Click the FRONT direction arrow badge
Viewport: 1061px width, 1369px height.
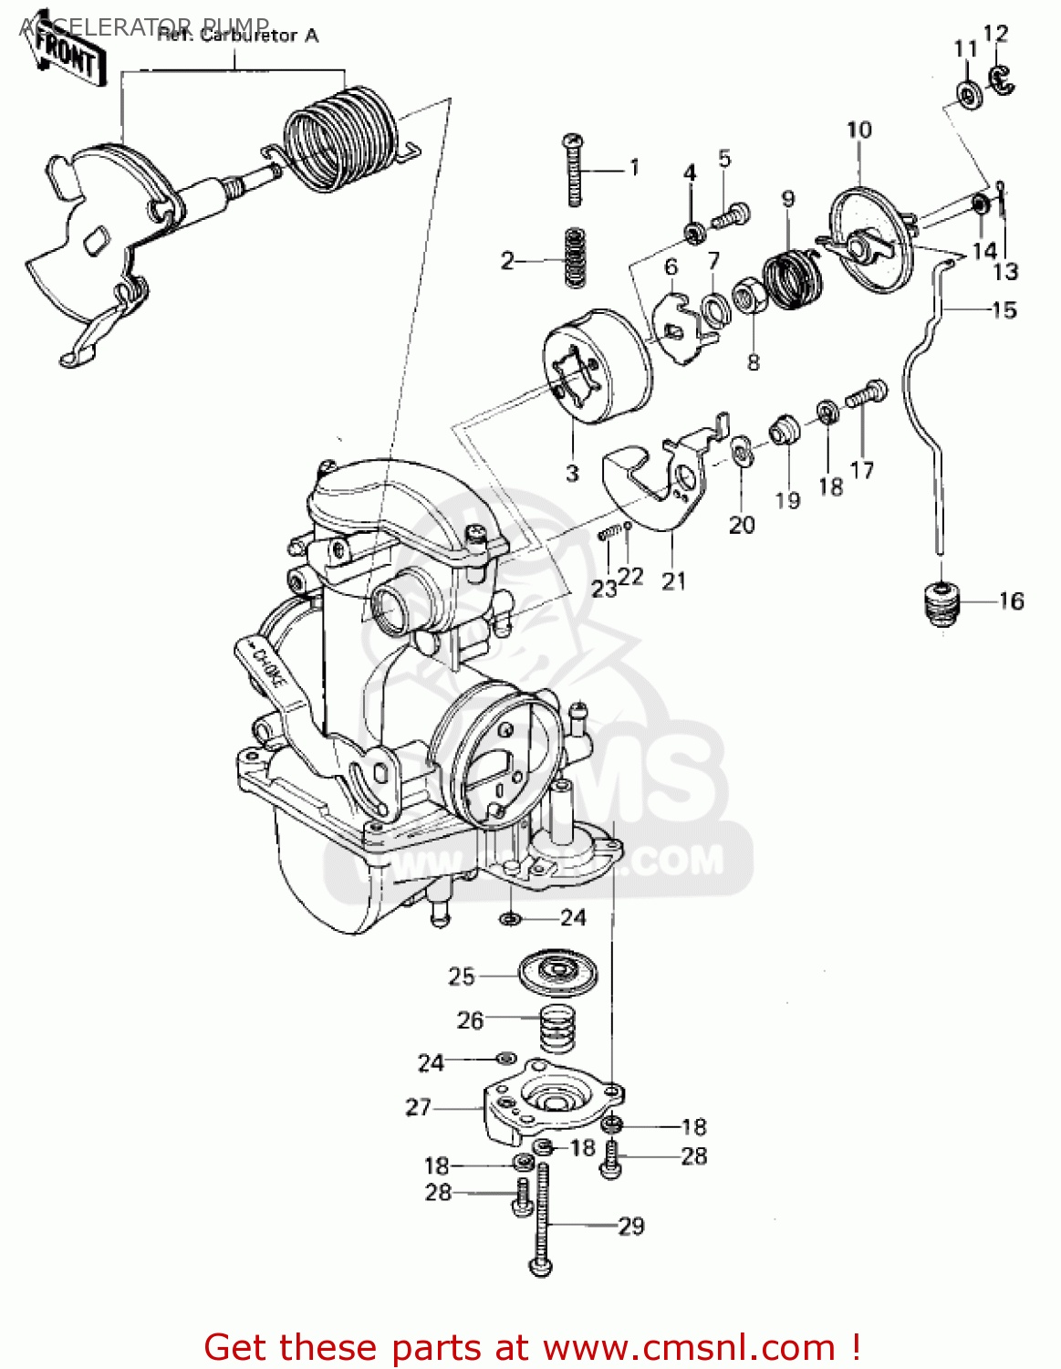67,59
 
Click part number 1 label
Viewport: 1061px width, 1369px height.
634,168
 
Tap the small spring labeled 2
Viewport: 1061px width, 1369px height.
574,258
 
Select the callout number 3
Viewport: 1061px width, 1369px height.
572,473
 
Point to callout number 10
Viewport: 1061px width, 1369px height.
858,130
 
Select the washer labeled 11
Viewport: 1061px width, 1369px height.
968,94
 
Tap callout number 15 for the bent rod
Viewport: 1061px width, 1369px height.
1004,310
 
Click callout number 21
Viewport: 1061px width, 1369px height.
673,580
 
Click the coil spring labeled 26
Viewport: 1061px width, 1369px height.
557,1028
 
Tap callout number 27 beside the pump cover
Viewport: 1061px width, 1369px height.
418,1107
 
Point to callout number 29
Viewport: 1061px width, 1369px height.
631,1226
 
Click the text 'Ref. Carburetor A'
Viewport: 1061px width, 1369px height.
238,36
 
